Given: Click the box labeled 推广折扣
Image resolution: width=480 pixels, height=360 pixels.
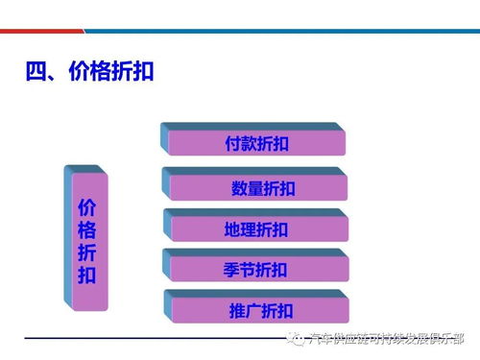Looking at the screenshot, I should [258, 310].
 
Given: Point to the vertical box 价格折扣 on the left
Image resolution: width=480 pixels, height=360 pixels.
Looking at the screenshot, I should [86, 240].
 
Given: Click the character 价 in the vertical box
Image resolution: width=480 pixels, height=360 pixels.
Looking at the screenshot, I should [86, 207].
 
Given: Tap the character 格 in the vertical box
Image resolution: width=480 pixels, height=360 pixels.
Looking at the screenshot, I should [86, 230].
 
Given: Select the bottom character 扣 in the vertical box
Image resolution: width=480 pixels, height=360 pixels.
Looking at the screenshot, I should [86, 276].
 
